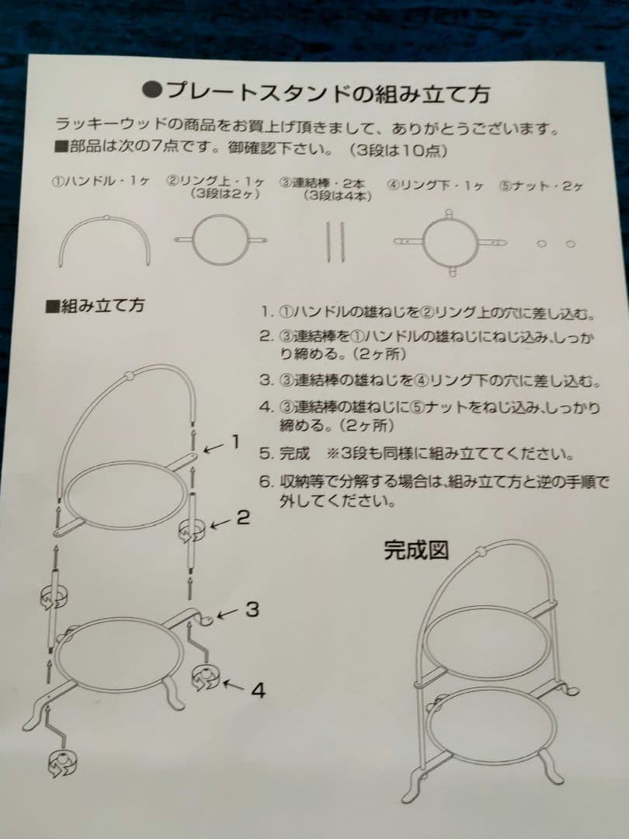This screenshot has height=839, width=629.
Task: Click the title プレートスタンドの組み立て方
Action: click(316, 92)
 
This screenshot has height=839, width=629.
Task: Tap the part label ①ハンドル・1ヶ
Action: click(100, 181)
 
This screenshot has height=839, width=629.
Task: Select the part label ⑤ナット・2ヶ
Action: click(540, 186)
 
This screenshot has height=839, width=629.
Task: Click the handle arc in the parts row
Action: click(104, 218)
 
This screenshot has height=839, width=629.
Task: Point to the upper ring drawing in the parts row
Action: click(221, 216)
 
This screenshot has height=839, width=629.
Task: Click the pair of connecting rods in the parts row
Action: click(335, 242)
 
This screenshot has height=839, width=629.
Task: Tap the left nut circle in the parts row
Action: click(542, 244)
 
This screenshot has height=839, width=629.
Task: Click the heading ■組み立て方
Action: click(96, 306)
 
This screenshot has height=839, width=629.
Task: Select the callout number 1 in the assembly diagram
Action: click(235, 442)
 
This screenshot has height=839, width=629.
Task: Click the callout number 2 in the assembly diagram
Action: click(243, 517)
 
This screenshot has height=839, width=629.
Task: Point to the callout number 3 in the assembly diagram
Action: click(252, 609)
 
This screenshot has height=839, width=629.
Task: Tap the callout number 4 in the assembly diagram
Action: click(258, 691)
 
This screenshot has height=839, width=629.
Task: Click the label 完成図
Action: click(415, 550)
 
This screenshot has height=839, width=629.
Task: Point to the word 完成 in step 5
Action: click(295, 454)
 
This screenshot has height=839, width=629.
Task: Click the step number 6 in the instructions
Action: click(266, 482)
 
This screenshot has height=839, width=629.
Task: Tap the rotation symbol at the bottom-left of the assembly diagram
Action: click(62, 764)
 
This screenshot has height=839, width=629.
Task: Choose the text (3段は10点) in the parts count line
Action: click(398, 151)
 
